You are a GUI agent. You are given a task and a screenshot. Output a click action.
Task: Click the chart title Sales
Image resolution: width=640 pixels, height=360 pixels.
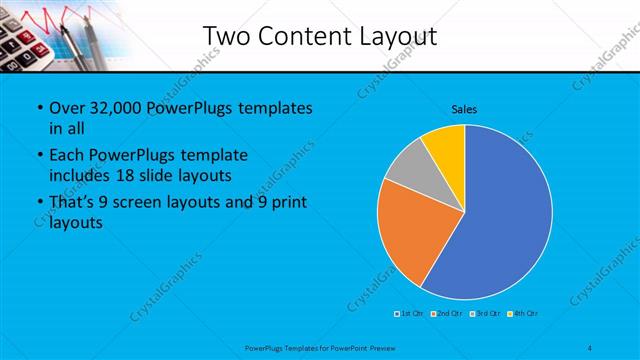(464, 109)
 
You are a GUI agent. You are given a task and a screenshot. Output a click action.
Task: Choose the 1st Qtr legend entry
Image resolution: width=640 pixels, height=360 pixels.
(409, 314)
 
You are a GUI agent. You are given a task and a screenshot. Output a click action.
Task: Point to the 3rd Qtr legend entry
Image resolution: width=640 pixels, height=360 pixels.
(487, 314)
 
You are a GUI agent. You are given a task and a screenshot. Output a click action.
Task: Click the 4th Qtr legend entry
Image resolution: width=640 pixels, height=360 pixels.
(525, 314)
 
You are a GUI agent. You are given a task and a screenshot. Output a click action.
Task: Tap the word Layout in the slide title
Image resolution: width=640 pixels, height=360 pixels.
(395, 37)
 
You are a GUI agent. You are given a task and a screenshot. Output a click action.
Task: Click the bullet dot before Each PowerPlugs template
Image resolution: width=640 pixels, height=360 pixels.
(38, 156)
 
